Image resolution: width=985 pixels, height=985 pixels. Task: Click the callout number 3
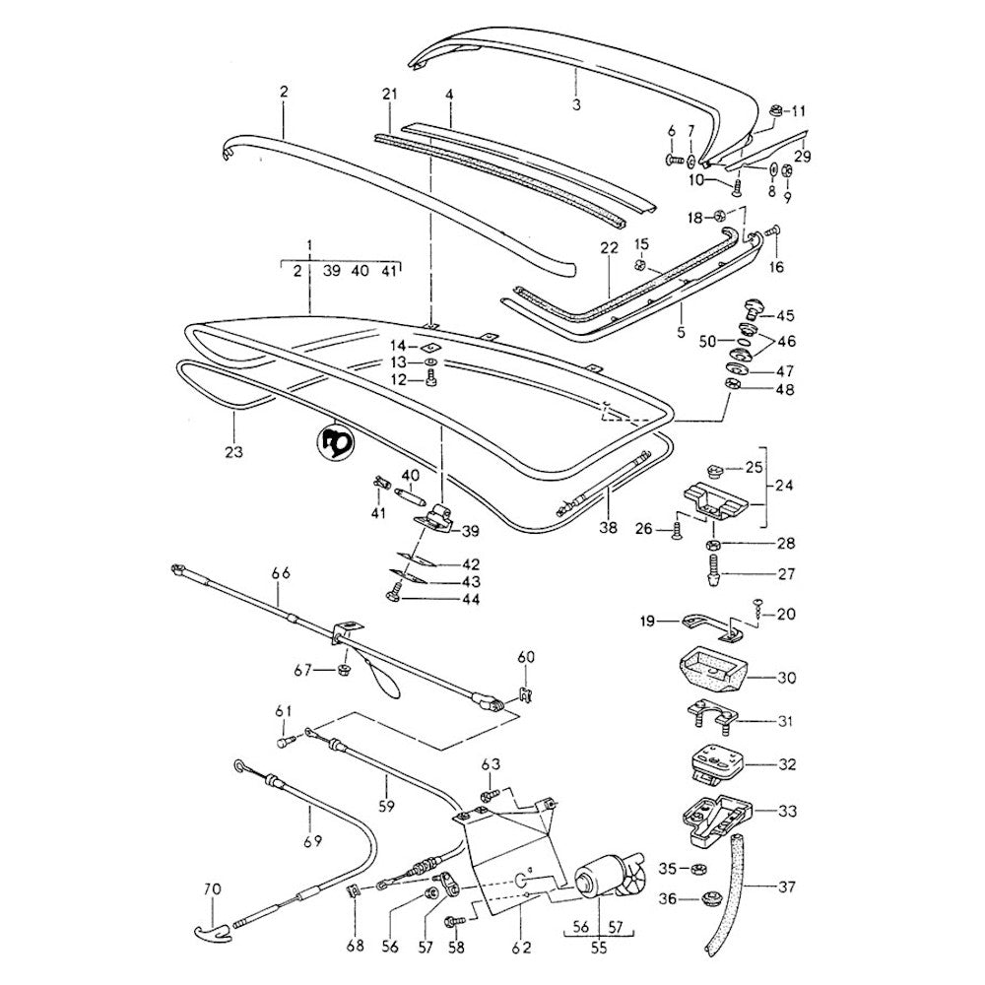(577, 102)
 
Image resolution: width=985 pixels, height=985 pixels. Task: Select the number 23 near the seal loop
(234, 452)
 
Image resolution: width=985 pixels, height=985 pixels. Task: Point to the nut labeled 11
(775, 110)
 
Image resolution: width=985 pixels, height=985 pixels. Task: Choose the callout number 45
(785, 316)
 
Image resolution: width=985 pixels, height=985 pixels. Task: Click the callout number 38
(608, 528)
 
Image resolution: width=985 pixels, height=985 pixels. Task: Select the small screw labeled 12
(432, 380)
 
